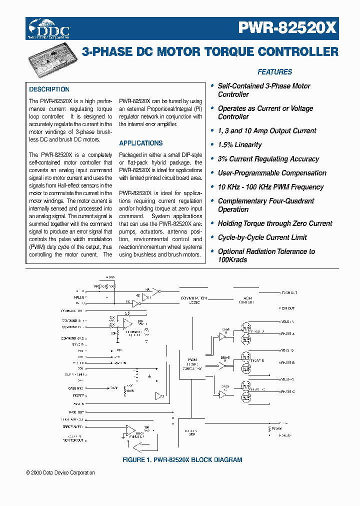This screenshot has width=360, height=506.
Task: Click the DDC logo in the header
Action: (x=49, y=29)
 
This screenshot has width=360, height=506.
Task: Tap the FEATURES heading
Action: (x=274, y=72)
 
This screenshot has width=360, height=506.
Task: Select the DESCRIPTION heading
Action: (x=49, y=89)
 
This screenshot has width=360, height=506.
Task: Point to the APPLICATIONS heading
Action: (x=140, y=143)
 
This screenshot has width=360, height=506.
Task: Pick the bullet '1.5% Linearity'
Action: (x=239, y=145)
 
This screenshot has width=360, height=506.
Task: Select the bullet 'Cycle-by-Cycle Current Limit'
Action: (x=262, y=237)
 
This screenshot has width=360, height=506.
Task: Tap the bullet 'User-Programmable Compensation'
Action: (x=271, y=173)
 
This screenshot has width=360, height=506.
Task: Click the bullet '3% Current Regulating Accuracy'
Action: (x=268, y=159)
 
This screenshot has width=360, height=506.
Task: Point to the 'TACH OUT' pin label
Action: (x=288, y=293)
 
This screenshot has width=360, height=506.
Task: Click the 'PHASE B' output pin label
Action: (x=287, y=363)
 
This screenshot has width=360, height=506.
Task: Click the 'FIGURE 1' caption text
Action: (x=182, y=459)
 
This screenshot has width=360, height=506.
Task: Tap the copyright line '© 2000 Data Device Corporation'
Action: (x=60, y=472)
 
